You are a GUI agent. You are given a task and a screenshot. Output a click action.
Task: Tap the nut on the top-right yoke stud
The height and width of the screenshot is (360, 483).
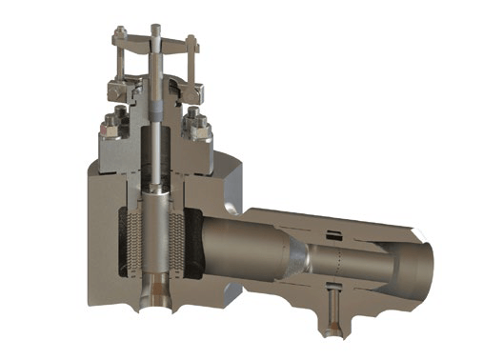pyautogui.click(x=191, y=41)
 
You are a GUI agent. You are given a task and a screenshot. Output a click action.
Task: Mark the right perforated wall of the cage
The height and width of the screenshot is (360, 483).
pyautogui.click(x=173, y=243)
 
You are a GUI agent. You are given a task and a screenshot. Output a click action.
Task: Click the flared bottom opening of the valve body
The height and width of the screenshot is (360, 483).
pyautogui.click(x=151, y=300)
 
